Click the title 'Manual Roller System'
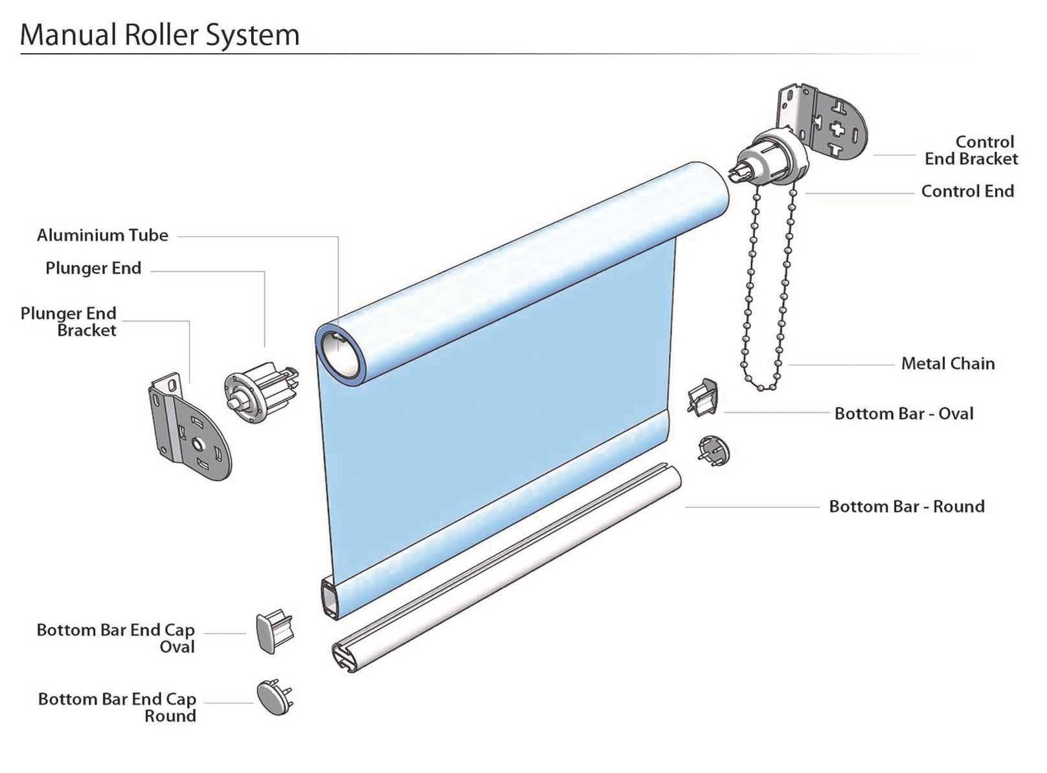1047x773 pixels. (160, 35)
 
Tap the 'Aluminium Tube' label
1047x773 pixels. (102, 235)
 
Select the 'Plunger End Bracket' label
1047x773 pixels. (69, 322)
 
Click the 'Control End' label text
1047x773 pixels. (967, 191)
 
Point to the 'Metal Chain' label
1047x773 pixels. (947, 363)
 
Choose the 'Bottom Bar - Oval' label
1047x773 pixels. (903, 413)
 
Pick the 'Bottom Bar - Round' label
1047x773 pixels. (906, 506)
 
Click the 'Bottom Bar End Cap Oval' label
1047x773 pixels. (116, 638)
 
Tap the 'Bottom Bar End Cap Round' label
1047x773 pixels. (117, 707)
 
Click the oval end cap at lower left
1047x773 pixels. (273, 632)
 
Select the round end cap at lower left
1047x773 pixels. (274, 698)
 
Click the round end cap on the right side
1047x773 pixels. (714, 450)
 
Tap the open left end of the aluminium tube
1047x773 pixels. (341, 353)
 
